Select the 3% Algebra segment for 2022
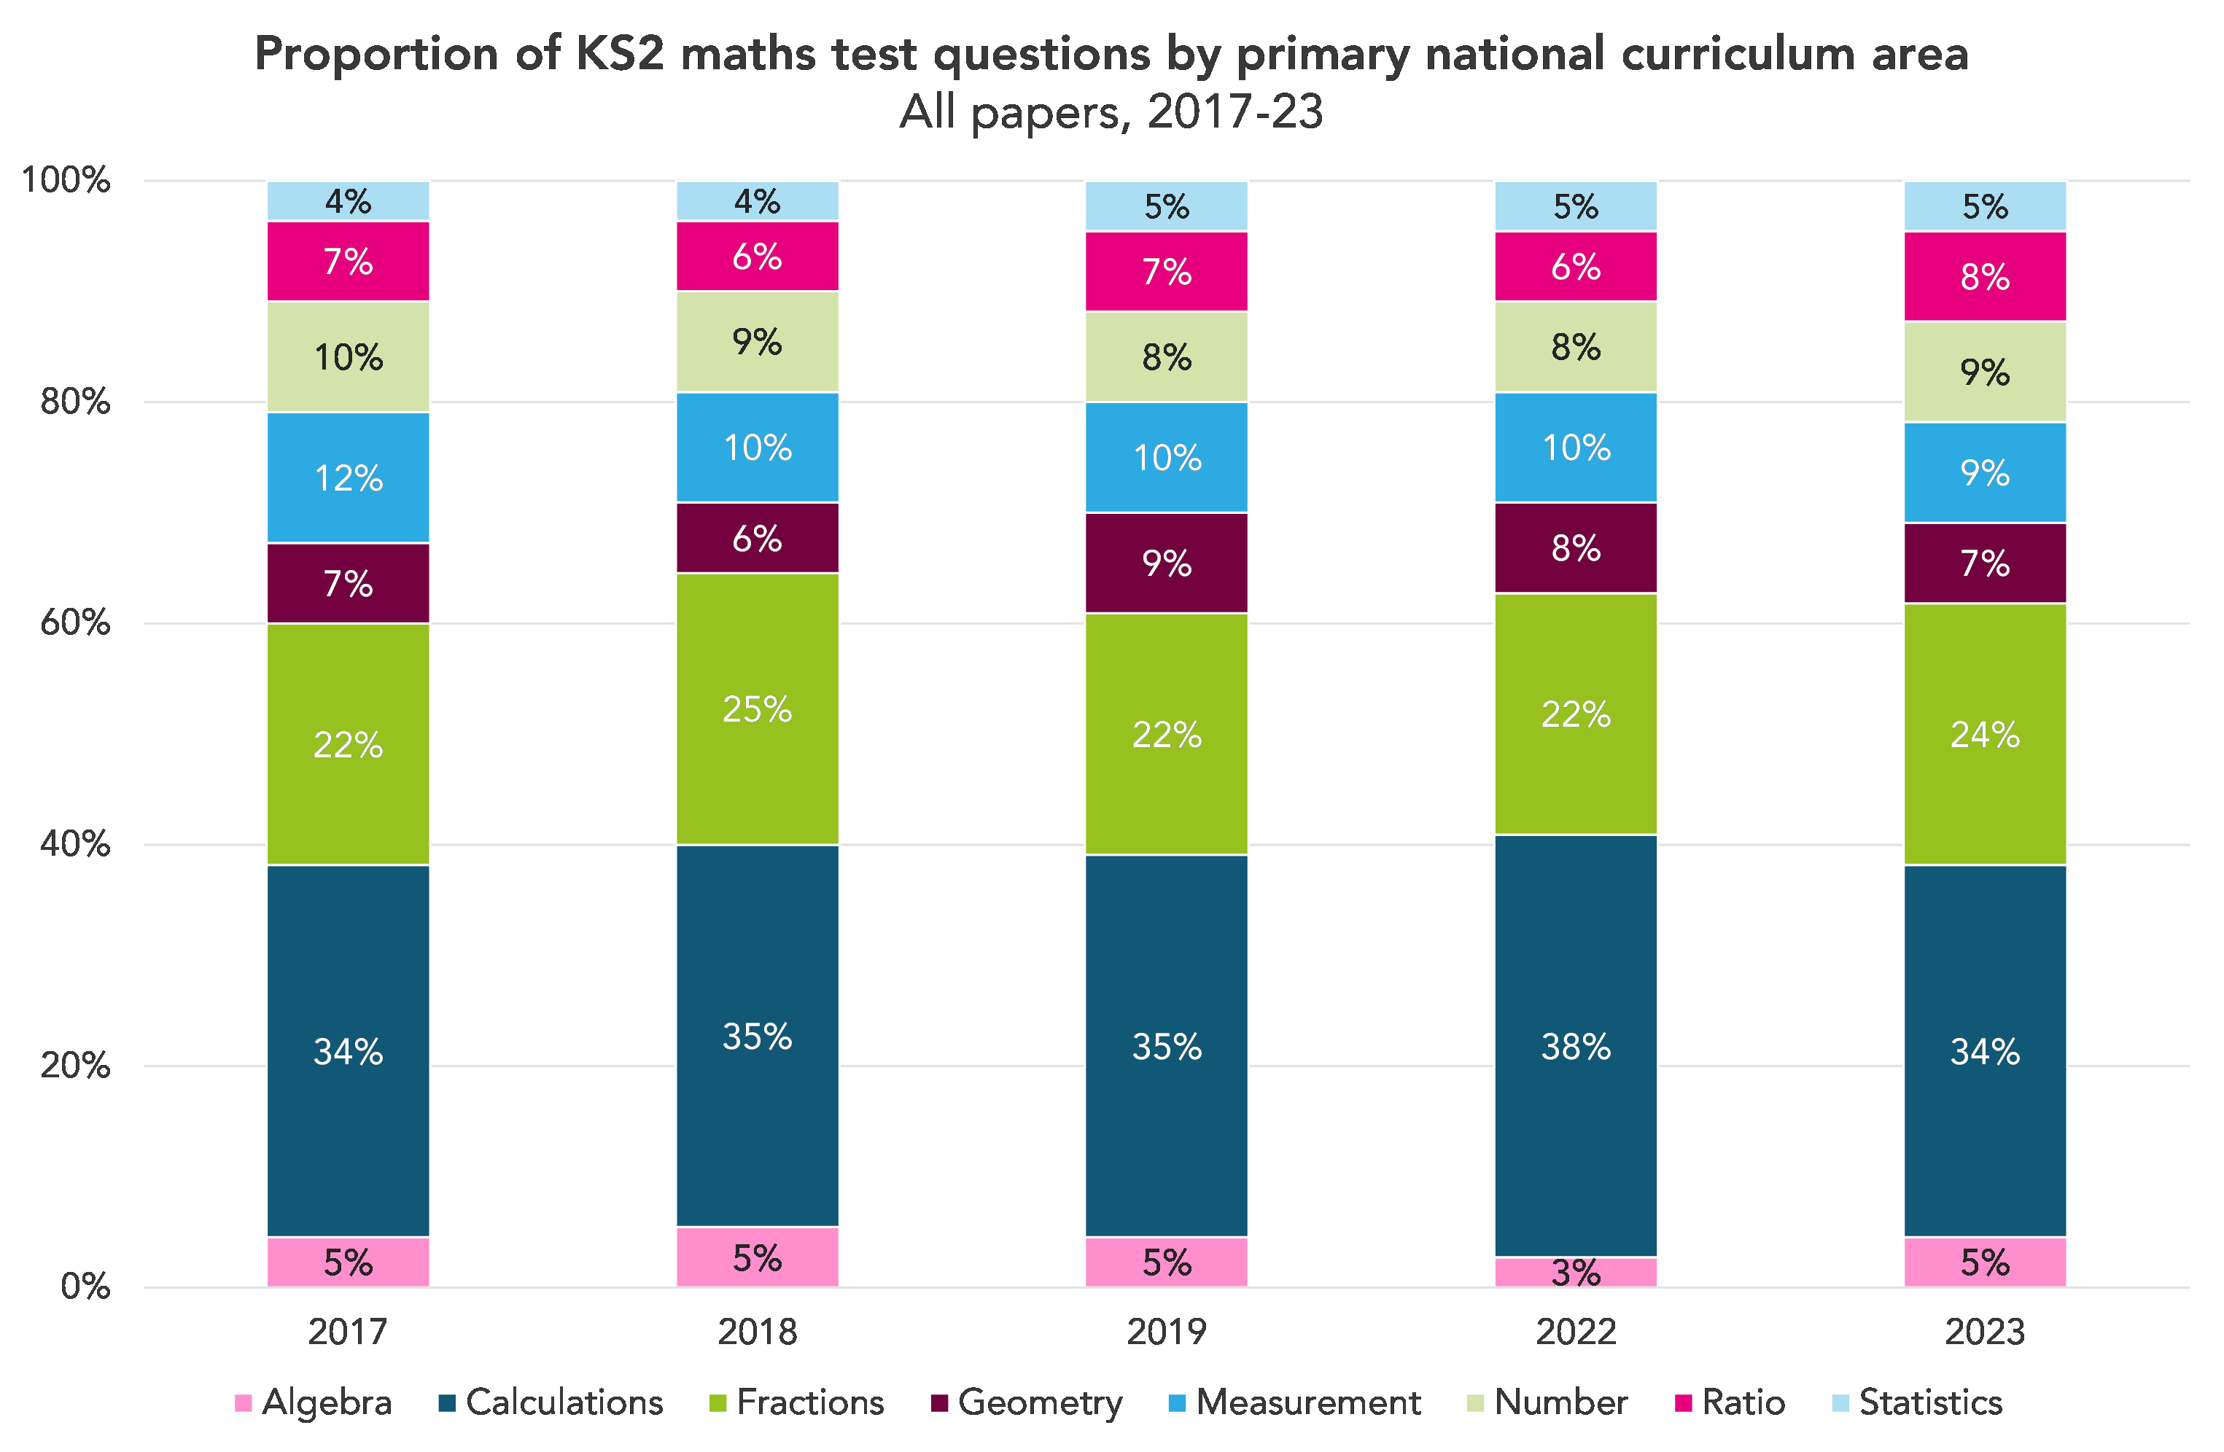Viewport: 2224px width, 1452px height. click(1576, 1272)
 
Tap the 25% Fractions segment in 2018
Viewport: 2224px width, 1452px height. click(757, 709)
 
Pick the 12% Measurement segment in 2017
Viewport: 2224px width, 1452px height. click(348, 477)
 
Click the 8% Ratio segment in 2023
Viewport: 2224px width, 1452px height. click(1985, 276)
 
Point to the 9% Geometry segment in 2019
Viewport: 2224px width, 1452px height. click(1166, 563)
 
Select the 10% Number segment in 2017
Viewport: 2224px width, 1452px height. click(348, 357)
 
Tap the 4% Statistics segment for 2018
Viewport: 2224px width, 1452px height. click(757, 201)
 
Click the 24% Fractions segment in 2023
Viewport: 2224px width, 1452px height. click(1985, 735)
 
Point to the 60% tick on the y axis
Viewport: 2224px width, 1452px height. click(75, 622)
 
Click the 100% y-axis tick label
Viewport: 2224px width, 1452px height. click(66, 179)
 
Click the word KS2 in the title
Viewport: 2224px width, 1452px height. click(618, 53)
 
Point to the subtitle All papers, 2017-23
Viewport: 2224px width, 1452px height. click(1111, 112)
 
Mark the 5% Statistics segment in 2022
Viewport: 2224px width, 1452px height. click(1576, 206)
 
